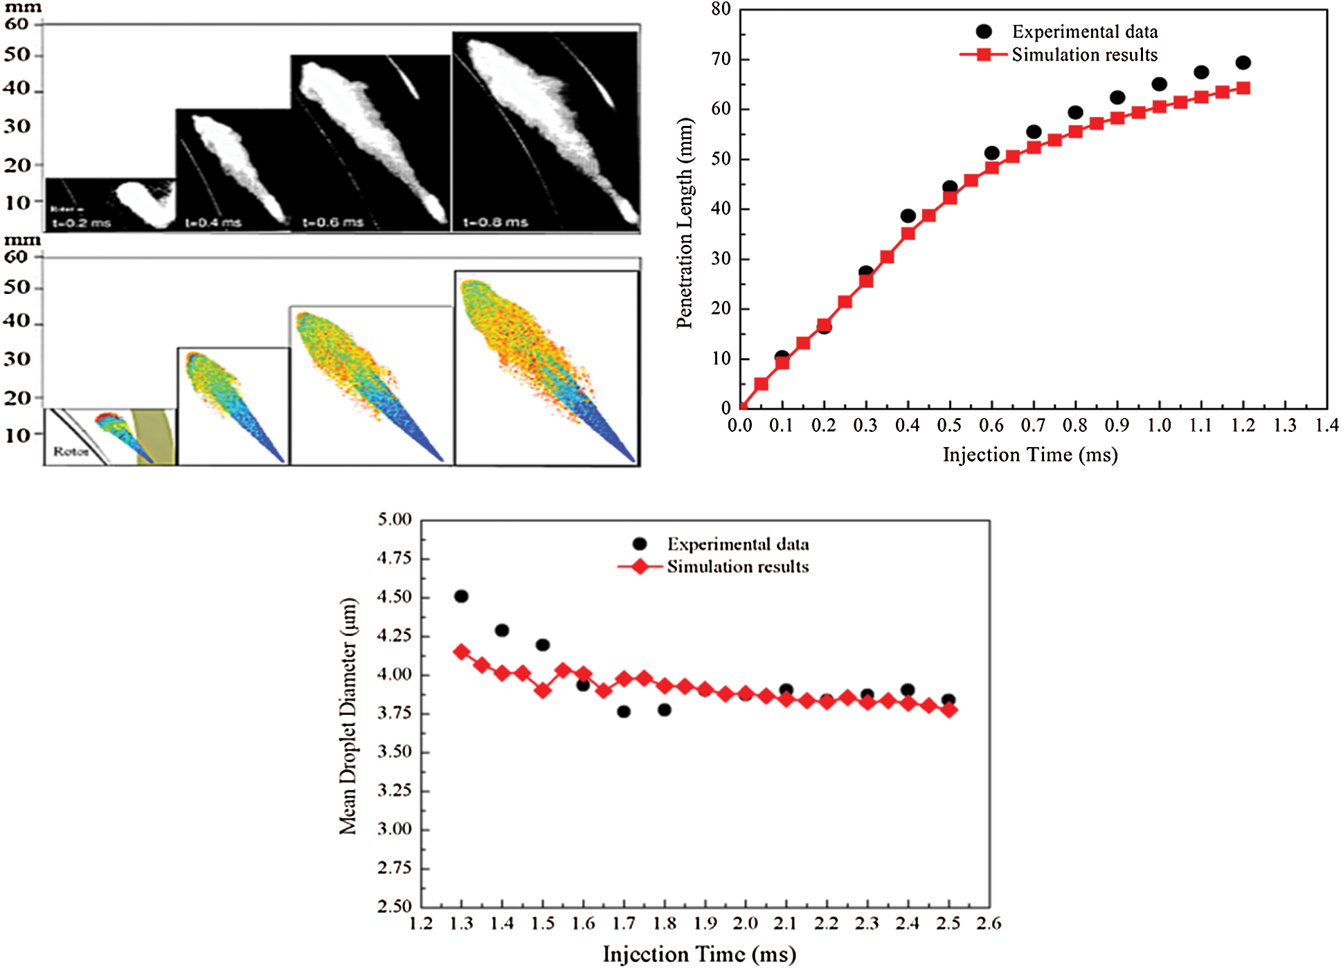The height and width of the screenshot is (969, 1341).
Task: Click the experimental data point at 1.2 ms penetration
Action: tap(1243, 63)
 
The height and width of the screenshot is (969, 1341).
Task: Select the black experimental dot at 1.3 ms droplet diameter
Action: tap(461, 596)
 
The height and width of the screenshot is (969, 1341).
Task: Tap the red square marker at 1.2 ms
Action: tap(1243, 88)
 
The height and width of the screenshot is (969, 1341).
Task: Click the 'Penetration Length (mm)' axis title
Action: tap(685, 223)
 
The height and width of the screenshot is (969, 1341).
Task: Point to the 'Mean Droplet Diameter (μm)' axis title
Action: tap(348, 716)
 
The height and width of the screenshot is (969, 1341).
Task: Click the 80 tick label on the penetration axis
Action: tap(721, 9)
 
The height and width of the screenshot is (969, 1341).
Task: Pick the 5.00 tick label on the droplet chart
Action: tap(395, 519)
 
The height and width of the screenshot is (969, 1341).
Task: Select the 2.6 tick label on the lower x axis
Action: tap(989, 923)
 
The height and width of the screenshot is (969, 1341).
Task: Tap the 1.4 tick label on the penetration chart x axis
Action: tap(1326, 425)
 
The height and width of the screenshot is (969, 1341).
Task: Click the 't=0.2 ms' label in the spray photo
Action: tap(82, 223)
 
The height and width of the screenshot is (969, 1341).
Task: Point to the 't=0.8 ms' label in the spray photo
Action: tap(495, 222)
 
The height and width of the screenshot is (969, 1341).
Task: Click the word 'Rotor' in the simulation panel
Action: tap(71, 451)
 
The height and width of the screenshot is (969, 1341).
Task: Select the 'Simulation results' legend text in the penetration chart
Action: tap(1084, 55)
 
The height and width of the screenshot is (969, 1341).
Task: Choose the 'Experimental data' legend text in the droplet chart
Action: tap(738, 544)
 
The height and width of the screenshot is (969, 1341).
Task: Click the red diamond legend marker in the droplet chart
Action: tap(640, 567)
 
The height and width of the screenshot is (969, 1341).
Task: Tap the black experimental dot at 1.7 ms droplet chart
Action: tap(624, 712)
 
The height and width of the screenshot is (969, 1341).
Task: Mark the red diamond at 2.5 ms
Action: tap(949, 710)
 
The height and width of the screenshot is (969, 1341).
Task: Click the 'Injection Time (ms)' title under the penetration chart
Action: tap(1030, 455)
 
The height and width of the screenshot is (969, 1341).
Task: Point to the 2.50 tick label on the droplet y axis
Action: tap(395, 906)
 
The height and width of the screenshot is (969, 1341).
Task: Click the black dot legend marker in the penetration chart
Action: tap(984, 32)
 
